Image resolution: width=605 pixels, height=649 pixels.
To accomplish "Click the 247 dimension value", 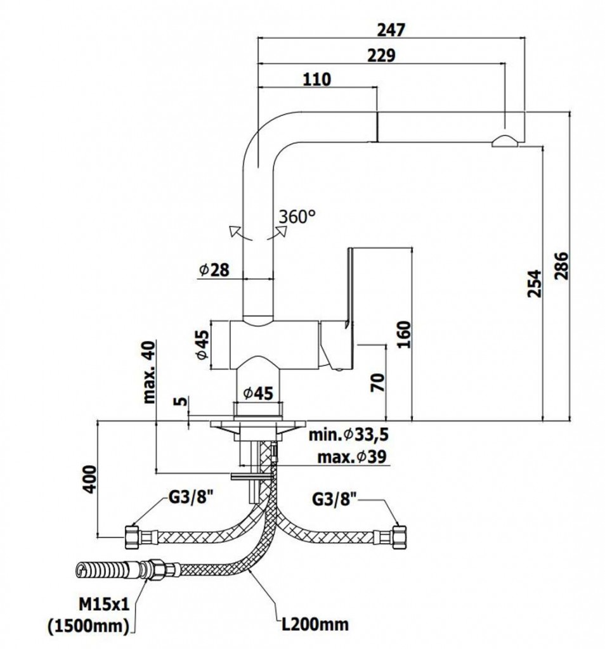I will click(391, 29).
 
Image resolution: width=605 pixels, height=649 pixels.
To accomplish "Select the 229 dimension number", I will click(382, 55).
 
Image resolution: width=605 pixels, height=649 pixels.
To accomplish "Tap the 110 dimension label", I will click(317, 80).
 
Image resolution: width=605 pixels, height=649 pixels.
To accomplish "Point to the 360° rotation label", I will click(296, 217).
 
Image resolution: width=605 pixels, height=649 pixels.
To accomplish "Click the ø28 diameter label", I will click(213, 270).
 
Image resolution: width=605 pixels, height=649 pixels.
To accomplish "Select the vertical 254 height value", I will click(535, 284).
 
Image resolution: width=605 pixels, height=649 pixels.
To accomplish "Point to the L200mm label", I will click(315, 624).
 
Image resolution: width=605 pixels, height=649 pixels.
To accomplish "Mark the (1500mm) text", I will click(88, 625).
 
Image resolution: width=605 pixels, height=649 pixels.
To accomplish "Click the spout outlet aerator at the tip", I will click(505, 141).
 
